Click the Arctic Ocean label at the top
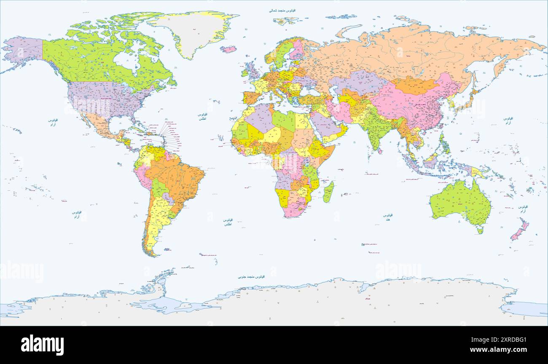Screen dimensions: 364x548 tap(282, 10)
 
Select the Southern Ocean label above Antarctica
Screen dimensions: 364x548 tap(251, 277)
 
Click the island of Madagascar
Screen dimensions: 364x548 tap(328, 192)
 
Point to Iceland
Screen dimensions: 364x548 tap(228, 49)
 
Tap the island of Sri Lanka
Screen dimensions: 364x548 tap(381, 151)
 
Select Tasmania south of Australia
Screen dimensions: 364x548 tap(480, 230)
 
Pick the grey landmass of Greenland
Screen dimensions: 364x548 tap(194, 32)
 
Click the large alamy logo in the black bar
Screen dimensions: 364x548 tap(43, 345)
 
